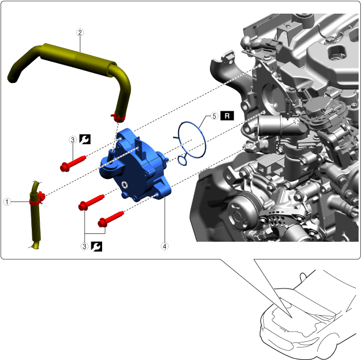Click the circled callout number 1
coord(7,202)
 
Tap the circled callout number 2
coord(80,32)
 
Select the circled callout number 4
coord(165,246)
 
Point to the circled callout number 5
coord(214,116)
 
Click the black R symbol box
coord(227,116)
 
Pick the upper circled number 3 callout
coord(73,140)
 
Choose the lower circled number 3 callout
coord(85,246)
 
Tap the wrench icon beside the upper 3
coord(85,139)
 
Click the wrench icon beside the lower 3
coord(96,246)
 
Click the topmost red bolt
coord(73,164)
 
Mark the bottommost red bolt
coord(111,219)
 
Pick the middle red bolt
coord(91,202)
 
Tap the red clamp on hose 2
coord(118,118)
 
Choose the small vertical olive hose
coord(36,215)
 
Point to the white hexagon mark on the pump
coord(124,184)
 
